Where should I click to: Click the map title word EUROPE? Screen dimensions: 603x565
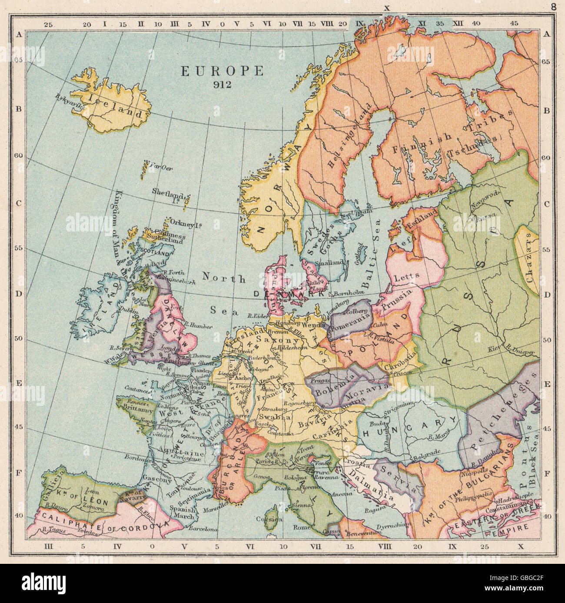pyautogui.click(x=222, y=71)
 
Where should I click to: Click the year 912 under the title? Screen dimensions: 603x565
pyautogui.click(x=222, y=84)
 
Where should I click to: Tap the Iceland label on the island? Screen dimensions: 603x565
pyautogui.click(x=115, y=107)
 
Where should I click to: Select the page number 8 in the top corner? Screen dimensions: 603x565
pyautogui.click(x=553, y=7)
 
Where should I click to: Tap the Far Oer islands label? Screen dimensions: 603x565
pyautogui.click(x=158, y=166)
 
